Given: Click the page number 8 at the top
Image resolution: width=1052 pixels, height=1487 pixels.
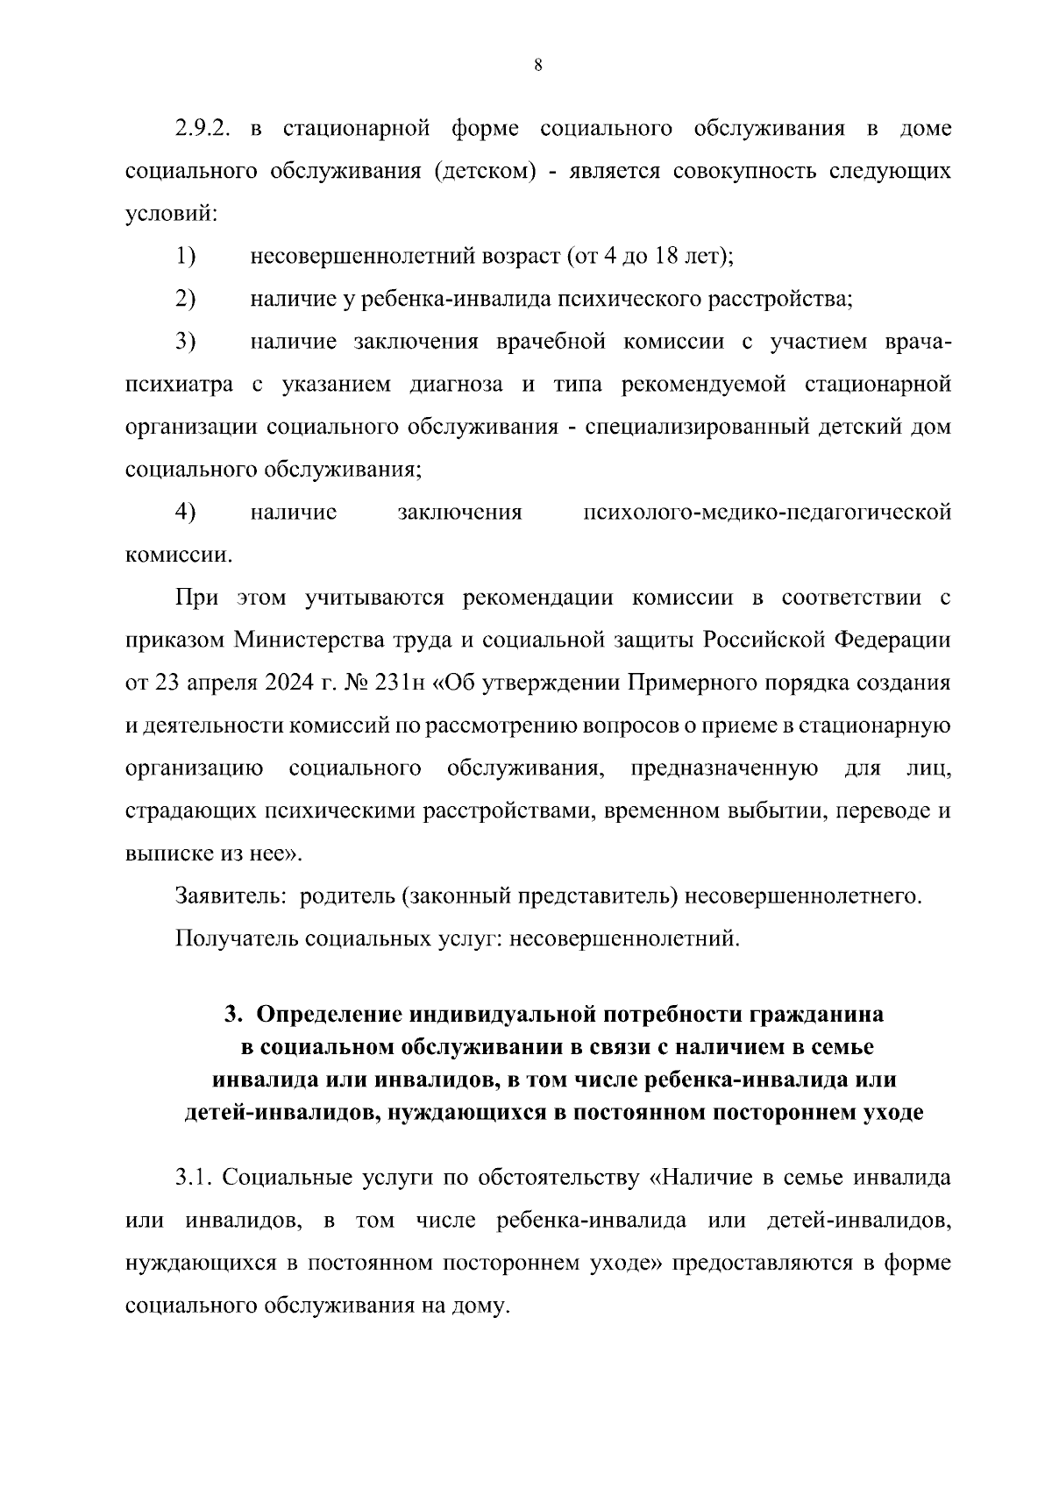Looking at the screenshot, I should pos(537,64).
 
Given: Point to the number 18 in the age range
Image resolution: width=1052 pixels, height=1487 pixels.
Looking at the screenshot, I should pos(680,257).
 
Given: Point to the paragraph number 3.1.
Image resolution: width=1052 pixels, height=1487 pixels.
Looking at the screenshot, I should pos(194,1177).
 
